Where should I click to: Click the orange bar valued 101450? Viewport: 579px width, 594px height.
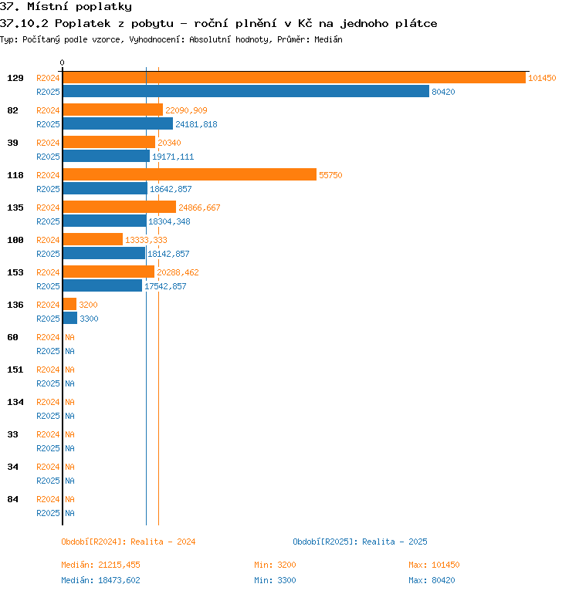coord(294,78)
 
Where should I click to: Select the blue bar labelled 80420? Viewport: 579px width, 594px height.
coord(246,91)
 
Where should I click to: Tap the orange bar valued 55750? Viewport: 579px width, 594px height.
coord(190,174)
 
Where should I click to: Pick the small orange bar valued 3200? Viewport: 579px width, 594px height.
coord(69,304)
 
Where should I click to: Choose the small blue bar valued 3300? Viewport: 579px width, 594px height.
coord(70,318)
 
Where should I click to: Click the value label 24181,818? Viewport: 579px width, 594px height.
coord(196,124)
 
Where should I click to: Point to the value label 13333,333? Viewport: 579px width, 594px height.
coord(146,240)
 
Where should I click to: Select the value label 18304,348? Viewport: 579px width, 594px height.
coord(169,221)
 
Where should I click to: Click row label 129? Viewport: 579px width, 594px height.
coord(15,78)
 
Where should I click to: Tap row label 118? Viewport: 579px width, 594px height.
coord(15,175)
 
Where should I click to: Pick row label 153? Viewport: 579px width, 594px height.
coord(15,272)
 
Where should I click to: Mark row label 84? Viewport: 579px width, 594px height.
coord(12,499)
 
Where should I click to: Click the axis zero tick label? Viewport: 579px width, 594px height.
coord(63,62)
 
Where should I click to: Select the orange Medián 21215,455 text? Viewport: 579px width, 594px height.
coord(100,565)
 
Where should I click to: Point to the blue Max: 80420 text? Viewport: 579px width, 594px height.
coord(432,580)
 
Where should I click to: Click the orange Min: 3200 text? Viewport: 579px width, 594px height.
coord(275,565)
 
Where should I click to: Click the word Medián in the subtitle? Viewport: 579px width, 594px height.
coord(328,39)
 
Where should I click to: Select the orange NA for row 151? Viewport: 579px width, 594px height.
coord(69,370)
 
